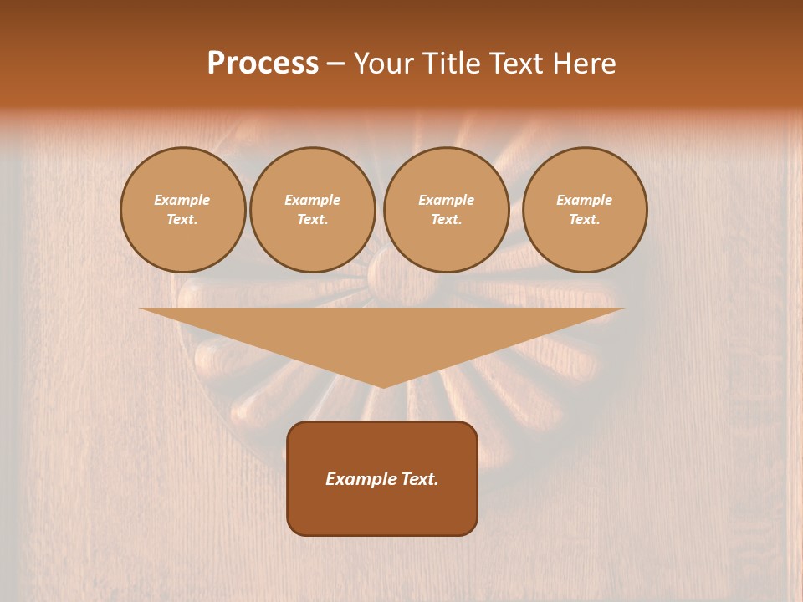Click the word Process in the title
click(263, 64)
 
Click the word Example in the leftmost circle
click(182, 200)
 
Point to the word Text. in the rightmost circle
click(585, 219)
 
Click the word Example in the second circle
click(312, 200)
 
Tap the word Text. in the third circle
click(446, 219)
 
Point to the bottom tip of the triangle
click(382, 385)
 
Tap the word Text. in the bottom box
click(419, 479)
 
